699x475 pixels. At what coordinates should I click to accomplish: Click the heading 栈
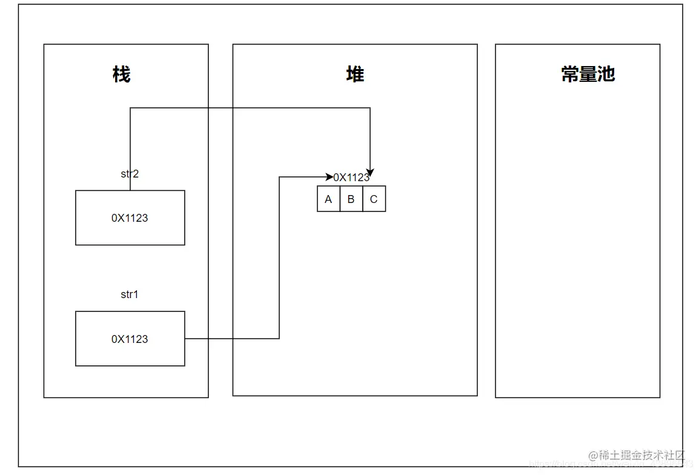pyautogui.click(x=121, y=75)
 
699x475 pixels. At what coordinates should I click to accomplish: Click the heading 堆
pyautogui.click(x=355, y=75)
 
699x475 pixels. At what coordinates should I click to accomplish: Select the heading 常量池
pyautogui.click(x=588, y=75)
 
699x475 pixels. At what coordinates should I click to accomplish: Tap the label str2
pyautogui.click(x=130, y=174)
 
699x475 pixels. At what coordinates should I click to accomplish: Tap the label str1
pyautogui.click(x=130, y=294)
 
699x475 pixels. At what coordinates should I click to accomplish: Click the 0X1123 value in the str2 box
pyautogui.click(x=130, y=218)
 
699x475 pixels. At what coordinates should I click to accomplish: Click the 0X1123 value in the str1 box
pyautogui.click(x=130, y=339)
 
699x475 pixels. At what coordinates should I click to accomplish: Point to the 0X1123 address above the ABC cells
pyautogui.click(x=351, y=178)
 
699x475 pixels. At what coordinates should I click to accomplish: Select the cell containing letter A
pyautogui.click(x=328, y=199)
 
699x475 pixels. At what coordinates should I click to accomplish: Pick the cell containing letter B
pyautogui.click(x=351, y=199)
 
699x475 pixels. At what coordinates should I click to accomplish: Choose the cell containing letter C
pyautogui.click(x=374, y=199)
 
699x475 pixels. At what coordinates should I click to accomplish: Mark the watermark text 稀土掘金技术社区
pyautogui.click(x=641, y=456)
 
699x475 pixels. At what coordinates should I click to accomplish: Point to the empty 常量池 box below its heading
pyautogui.click(x=577, y=242)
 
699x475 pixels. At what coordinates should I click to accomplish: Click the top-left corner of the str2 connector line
pyautogui.click(x=130, y=108)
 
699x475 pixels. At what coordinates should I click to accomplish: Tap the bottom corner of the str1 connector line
pyautogui.click(x=279, y=339)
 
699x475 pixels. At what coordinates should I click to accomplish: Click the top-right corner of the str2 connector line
pyautogui.click(x=370, y=108)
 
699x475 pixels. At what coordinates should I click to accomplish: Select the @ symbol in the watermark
pyautogui.click(x=593, y=456)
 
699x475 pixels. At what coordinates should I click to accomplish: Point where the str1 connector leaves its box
pyautogui.click(x=185, y=339)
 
